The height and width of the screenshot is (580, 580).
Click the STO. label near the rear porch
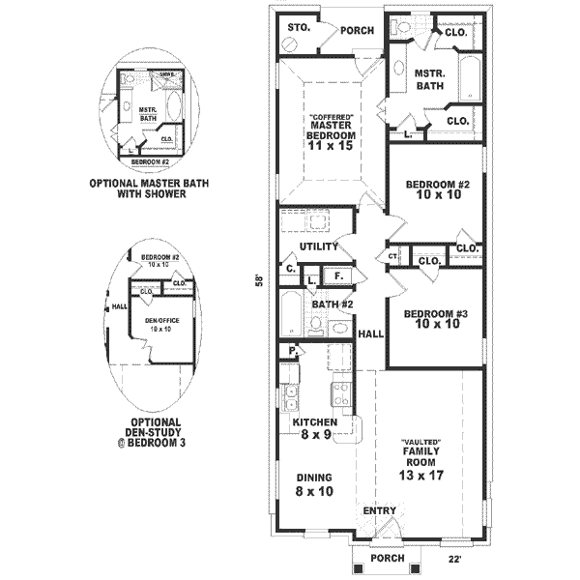pyautogui.click(x=299, y=28)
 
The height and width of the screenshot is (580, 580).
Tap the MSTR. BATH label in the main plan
pyautogui.click(x=429, y=79)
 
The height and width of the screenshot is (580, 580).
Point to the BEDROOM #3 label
pyautogui.click(x=436, y=313)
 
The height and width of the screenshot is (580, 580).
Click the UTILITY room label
pyautogui.click(x=319, y=246)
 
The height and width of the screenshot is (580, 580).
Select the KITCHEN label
pyautogui.click(x=314, y=422)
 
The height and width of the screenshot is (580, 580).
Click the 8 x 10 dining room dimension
pyautogui.click(x=314, y=491)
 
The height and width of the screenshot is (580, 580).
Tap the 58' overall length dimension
pyautogui.click(x=258, y=280)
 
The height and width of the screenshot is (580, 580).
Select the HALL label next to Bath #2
pyautogui.click(x=370, y=333)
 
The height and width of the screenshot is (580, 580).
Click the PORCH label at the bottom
pyautogui.click(x=387, y=558)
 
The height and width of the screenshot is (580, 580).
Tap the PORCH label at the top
pyautogui.click(x=357, y=30)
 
